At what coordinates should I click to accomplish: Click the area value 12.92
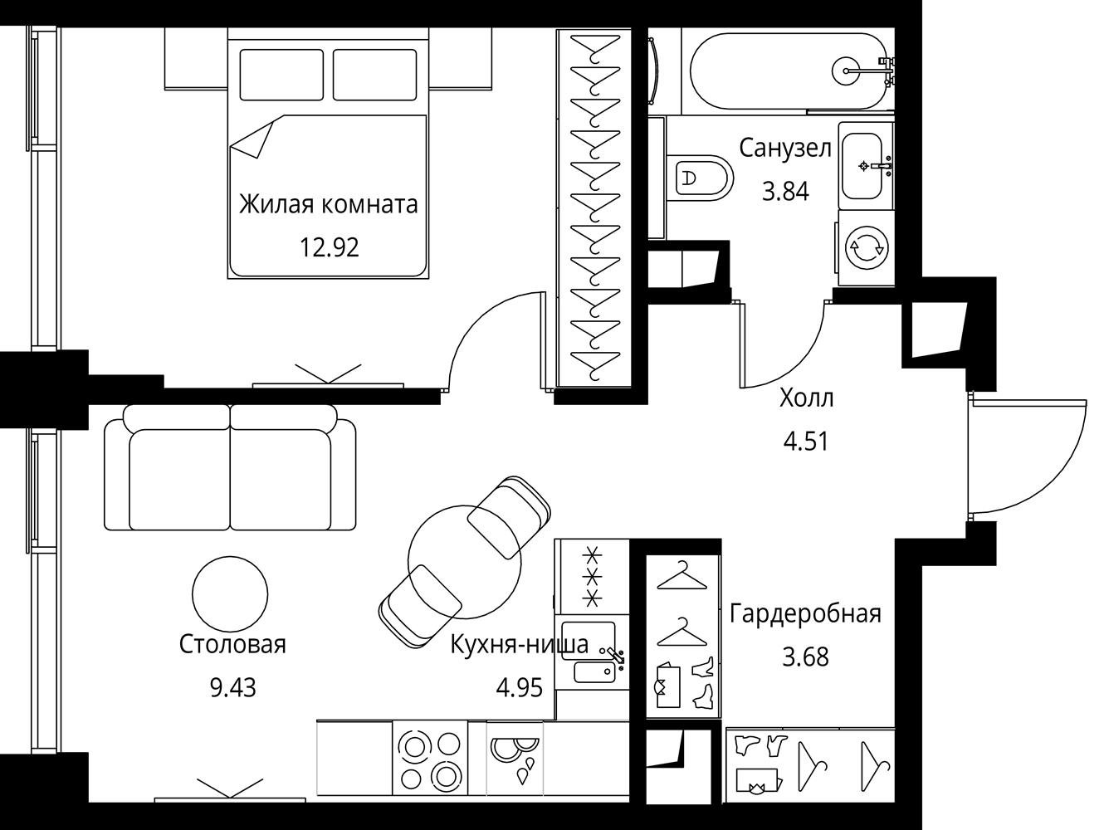click(330, 247)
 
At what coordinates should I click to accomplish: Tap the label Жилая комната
click(329, 205)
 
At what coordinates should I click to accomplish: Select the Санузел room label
click(785, 149)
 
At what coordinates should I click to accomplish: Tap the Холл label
click(806, 398)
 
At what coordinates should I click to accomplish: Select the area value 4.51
click(806, 442)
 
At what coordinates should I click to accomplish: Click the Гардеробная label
click(805, 614)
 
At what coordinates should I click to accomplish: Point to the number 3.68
click(806, 657)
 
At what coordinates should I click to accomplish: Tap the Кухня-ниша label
click(519, 645)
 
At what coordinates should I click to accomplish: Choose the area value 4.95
click(520, 687)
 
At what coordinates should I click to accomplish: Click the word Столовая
click(232, 644)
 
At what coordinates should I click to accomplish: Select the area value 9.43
click(233, 687)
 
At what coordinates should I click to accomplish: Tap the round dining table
click(464, 561)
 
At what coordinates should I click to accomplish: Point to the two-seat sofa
click(231, 467)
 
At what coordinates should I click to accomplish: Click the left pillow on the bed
click(281, 75)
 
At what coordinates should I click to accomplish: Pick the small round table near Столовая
click(231, 593)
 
